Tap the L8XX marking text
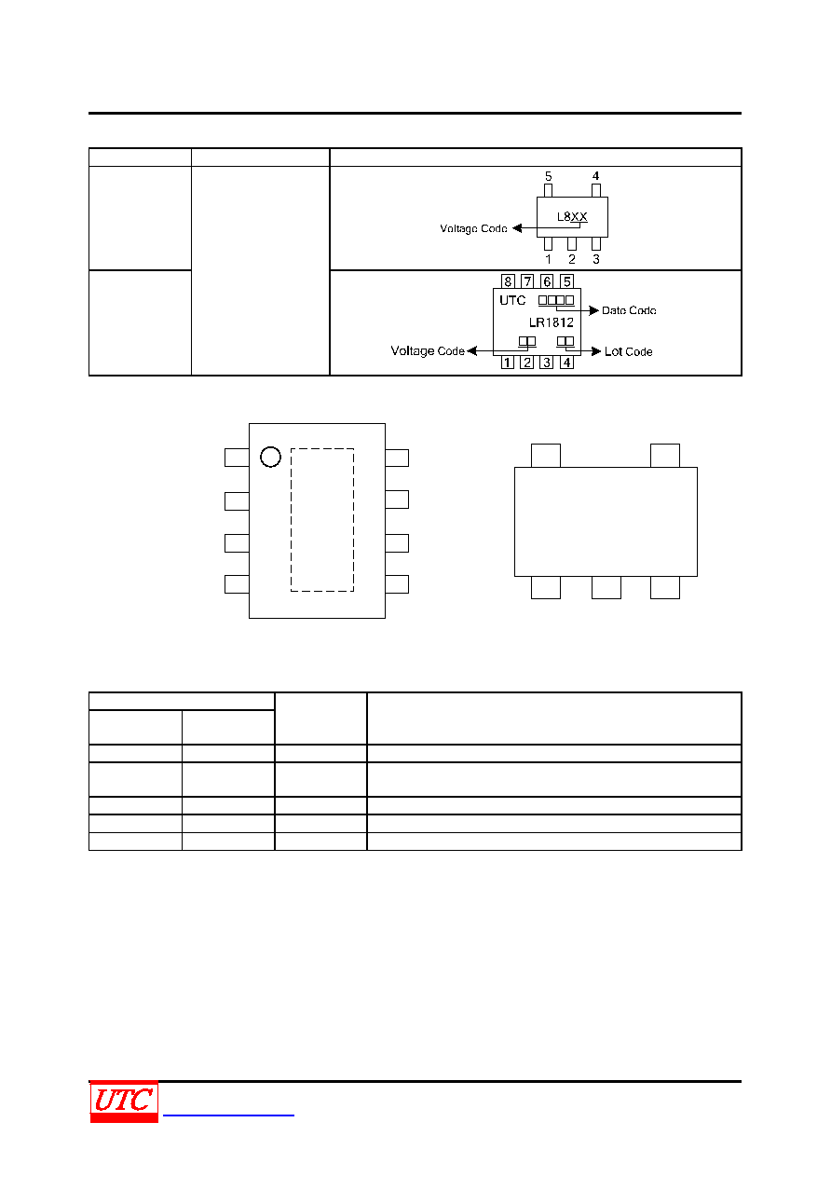pyautogui.click(x=571, y=216)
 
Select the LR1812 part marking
pyautogui.click(x=551, y=322)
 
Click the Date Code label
pyautogui.click(x=629, y=310)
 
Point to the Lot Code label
pyautogui.click(x=628, y=351)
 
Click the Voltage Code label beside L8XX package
pyautogui.click(x=473, y=228)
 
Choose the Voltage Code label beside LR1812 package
pyautogui.click(x=428, y=351)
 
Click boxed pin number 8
pyautogui.click(x=508, y=281)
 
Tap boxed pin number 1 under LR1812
pyautogui.click(x=508, y=363)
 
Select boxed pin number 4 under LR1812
pyautogui.click(x=566, y=363)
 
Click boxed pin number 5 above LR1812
pyautogui.click(x=566, y=281)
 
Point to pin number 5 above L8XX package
pyautogui.click(x=548, y=176)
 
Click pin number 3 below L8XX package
pyautogui.click(x=595, y=259)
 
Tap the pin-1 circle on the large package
pyautogui.click(x=270, y=446)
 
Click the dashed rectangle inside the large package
pyautogui.click(x=291, y=520)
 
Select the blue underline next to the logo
pyautogui.click(x=228, y=1115)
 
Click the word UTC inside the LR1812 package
pyautogui.click(x=512, y=301)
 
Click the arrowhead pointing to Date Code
pyautogui.click(x=594, y=310)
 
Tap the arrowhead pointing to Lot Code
pyautogui.click(x=596, y=351)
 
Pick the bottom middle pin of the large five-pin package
pyautogui.click(x=606, y=587)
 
